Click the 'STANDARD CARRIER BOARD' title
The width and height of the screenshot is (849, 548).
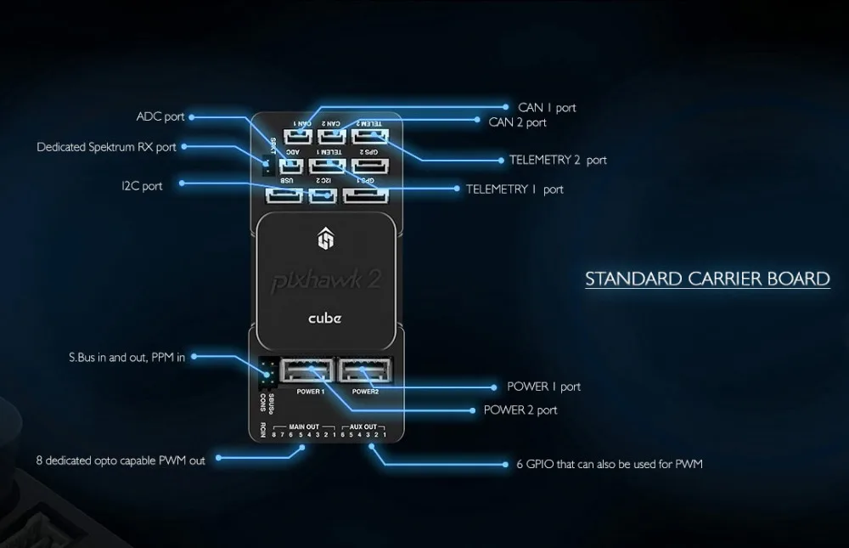coord(707,280)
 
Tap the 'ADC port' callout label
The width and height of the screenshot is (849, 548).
coord(160,116)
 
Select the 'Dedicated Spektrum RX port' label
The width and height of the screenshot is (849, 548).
coord(106,147)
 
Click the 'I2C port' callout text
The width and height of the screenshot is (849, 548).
coord(142,185)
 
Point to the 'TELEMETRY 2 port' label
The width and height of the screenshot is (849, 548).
coord(558,160)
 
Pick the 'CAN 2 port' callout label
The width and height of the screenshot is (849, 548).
coord(517,122)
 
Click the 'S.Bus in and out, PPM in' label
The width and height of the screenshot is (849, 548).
coord(127,358)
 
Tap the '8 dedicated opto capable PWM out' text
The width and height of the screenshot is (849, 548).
coord(121,460)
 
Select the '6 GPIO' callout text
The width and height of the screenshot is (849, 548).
coord(609,465)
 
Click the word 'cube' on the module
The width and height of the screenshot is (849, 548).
coord(324,318)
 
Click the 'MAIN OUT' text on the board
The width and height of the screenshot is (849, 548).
coord(304,427)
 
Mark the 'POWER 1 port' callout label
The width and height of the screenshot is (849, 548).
coord(543,387)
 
